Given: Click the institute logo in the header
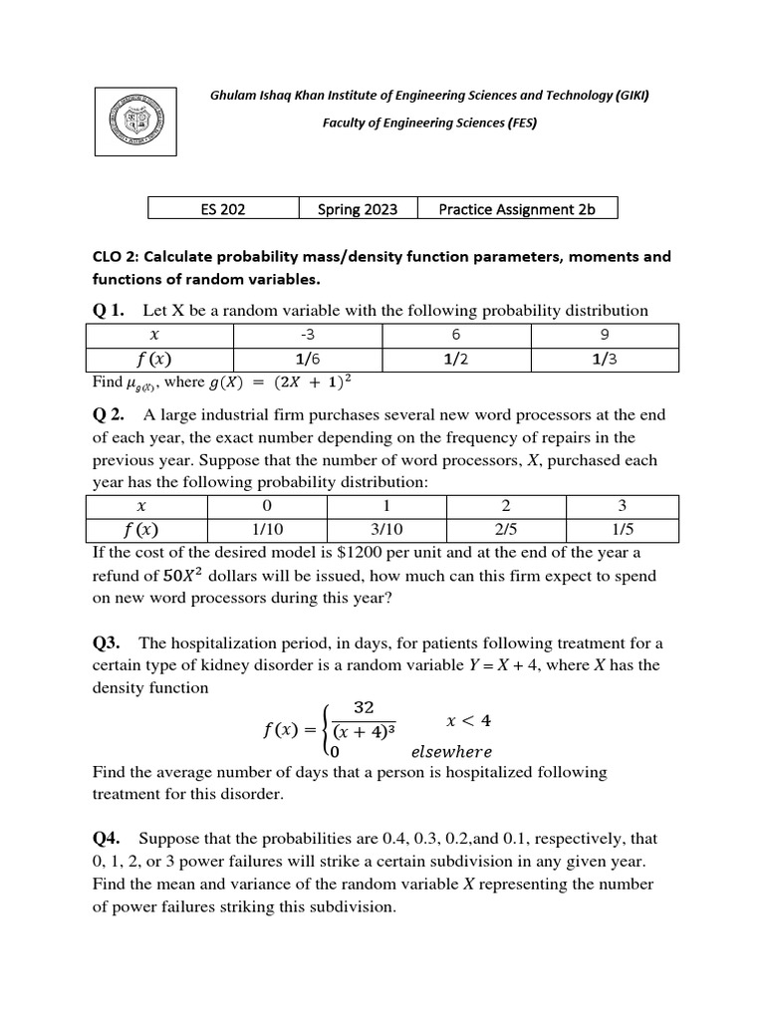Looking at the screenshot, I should pos(135,119).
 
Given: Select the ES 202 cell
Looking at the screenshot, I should pos(223,208).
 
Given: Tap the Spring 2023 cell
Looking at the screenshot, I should pos(358,208).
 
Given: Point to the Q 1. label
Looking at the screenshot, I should pos(108,311).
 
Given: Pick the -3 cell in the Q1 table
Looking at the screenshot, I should pos(307,336).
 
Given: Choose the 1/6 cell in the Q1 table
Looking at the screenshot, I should pos(307,361).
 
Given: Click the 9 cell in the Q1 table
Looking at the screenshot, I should pos(605,336).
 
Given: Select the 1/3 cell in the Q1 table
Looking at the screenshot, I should pos(605,361).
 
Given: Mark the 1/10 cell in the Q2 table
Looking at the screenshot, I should pos(266,530).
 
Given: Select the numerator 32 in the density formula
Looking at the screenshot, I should pos(363,707).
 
